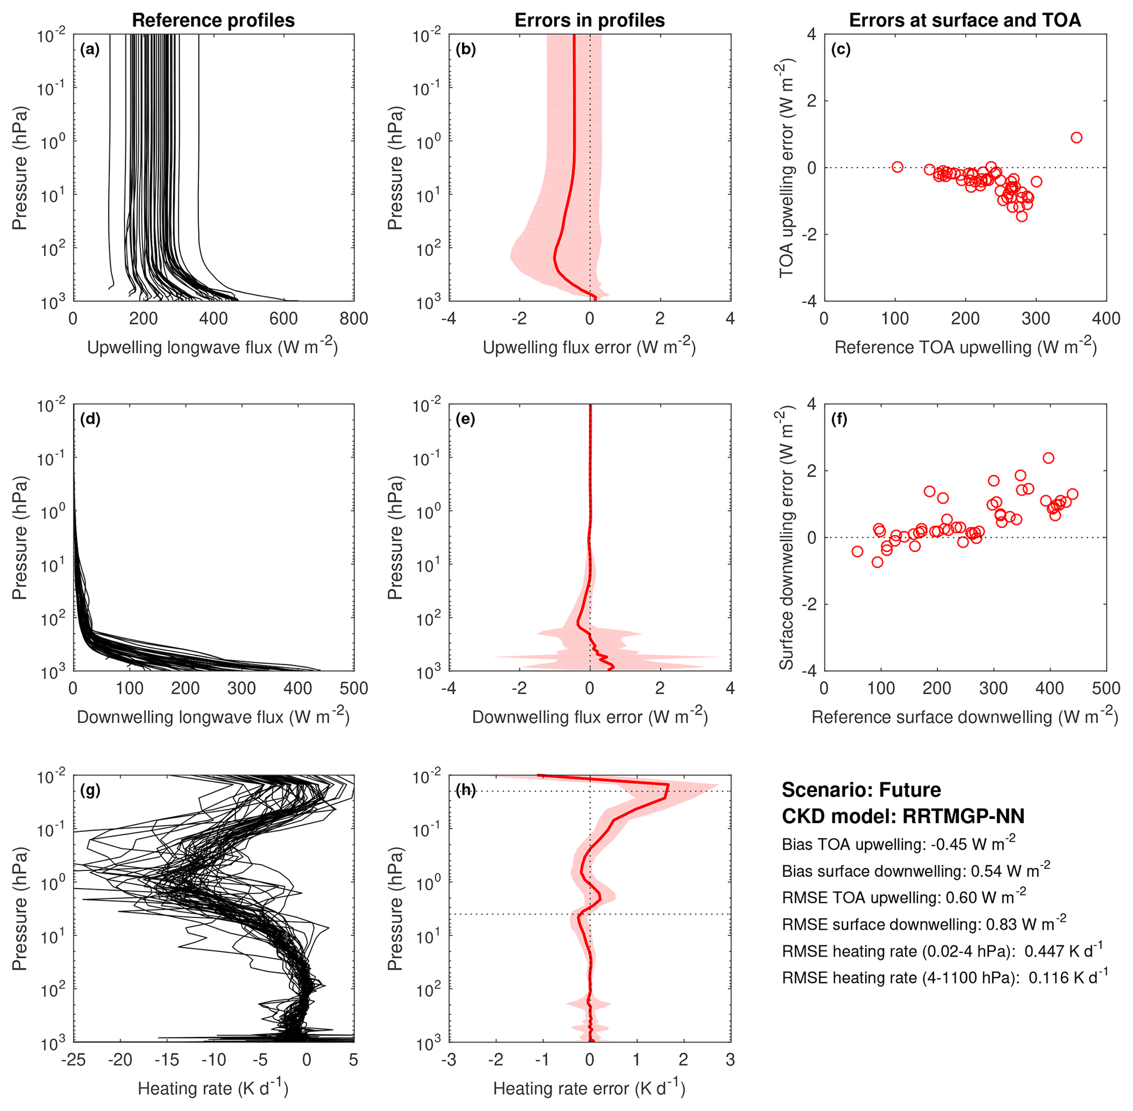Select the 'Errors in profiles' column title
pos(589,20)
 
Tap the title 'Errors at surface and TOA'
pos(964,20)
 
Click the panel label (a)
pos(90,49)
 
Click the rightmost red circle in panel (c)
pos(1077,138)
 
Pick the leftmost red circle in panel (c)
pos(897,167)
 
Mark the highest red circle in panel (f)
pos(1049,458)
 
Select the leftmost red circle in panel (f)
pos(857,551)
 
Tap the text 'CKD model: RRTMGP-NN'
pos(903,816)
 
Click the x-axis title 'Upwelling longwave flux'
pos(212,348)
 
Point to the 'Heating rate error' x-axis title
pos(589,1088)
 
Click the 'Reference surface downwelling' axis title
pos(964,717)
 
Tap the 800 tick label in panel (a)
pos(354,318)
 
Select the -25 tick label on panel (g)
pos(73,1059)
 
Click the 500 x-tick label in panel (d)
pos(354,688)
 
